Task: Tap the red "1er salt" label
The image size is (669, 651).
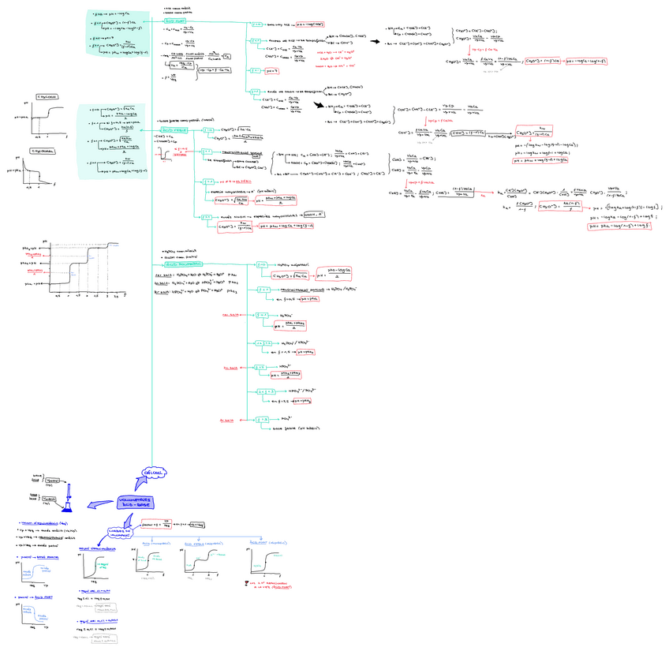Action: tap(230, 316)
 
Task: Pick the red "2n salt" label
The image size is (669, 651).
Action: tap(230, 368)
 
